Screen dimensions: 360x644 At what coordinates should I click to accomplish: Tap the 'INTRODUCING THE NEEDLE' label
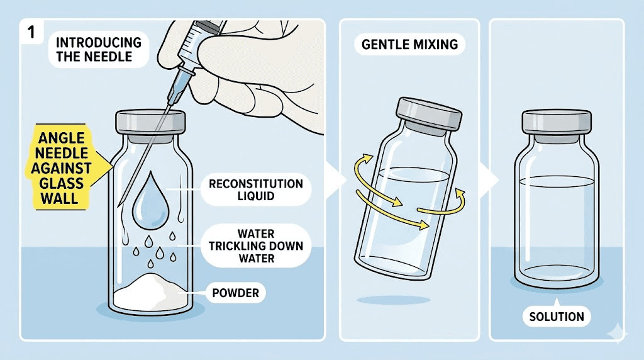tap(99, 50)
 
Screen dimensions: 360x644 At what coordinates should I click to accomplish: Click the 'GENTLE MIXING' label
tap(409, 45)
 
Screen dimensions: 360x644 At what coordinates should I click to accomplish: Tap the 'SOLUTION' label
tap(556, 317)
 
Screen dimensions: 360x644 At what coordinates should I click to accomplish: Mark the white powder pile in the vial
tap(151, 293)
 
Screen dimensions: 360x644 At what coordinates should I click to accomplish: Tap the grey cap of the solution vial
tap(557, 120)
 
